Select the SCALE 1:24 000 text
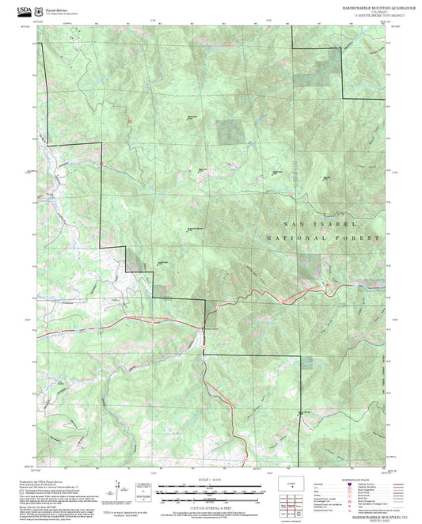point(210,479)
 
